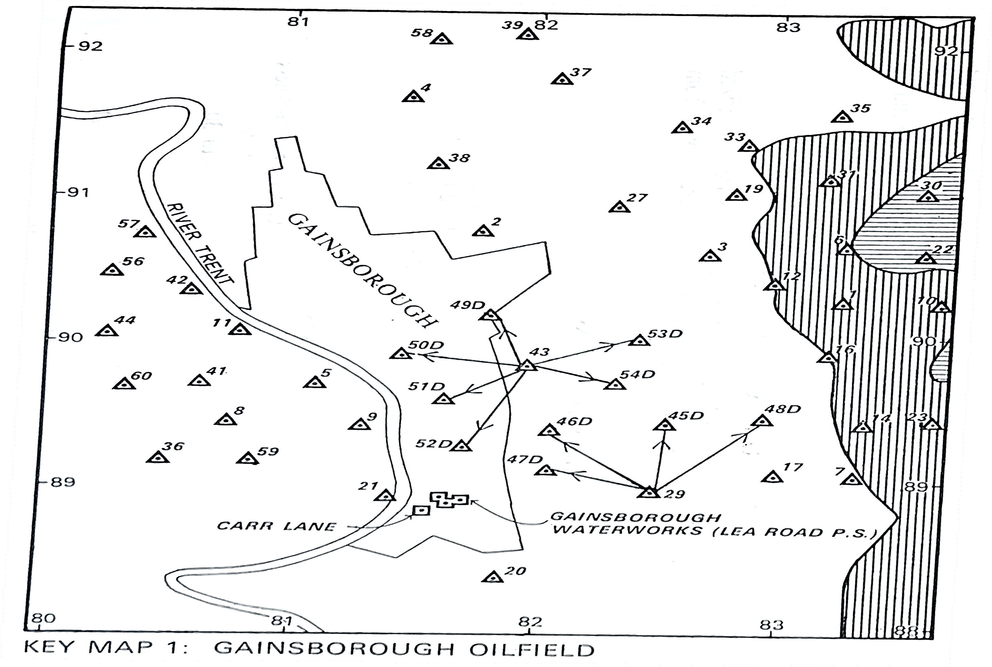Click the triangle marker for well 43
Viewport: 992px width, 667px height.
(x=527, y=366)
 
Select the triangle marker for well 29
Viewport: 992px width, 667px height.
(x=649, y=493)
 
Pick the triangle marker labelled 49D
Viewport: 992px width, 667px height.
(x=490, y=315)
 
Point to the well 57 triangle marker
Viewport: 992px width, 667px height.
(x=145, y=232)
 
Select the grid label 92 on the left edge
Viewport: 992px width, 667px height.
(x=90, y=46)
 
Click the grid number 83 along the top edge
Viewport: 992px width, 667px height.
(x=788, y=27)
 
